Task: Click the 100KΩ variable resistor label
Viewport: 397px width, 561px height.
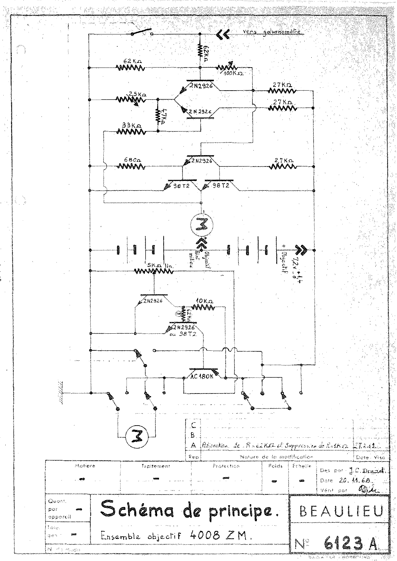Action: [234, 73]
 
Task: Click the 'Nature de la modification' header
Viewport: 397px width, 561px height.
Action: [276, 457]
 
